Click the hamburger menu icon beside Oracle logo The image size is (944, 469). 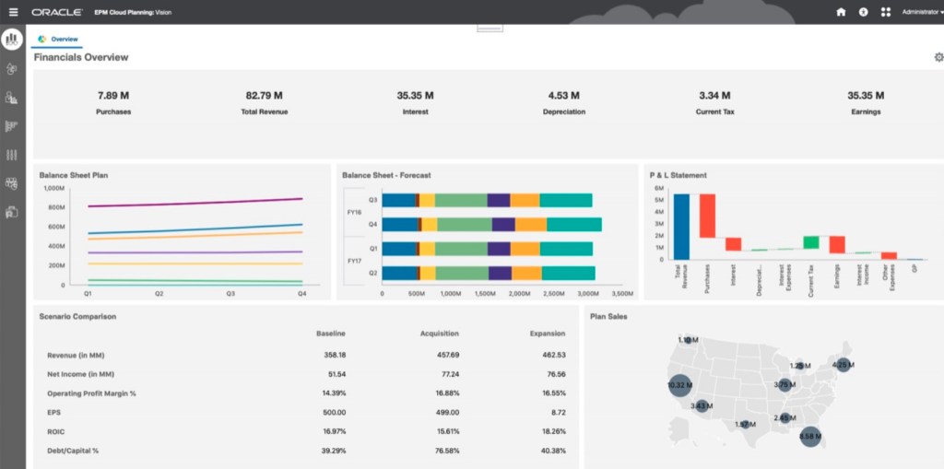click(x=13, y=12)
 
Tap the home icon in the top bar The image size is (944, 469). click(x=840, y=12)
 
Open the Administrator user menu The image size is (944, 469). click(x=921, y=12)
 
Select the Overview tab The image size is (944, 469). click(x=64, y=40)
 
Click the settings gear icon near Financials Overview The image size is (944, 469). click(x=938, y=57)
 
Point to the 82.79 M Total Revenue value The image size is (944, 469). click(x=264, y=95)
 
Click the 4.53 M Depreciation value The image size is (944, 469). click(x=563, y=95)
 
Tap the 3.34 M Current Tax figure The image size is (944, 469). click(x=714, y=95)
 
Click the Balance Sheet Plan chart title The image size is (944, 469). click(x=74, y=174)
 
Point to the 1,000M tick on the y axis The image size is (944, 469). click(x=53, y=188)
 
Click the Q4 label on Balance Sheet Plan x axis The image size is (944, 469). click(x=301, y=294)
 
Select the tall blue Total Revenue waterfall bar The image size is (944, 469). click(x=681, y=227)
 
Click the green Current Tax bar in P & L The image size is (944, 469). click(x=810, y=242)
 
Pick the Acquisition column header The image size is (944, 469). click(x=440, y=334)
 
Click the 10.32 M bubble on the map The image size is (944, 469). click(x=680, y=385)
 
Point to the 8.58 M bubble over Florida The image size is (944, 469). click(x=810, y=436)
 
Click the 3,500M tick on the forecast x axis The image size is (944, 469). click(x=622, y=294)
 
